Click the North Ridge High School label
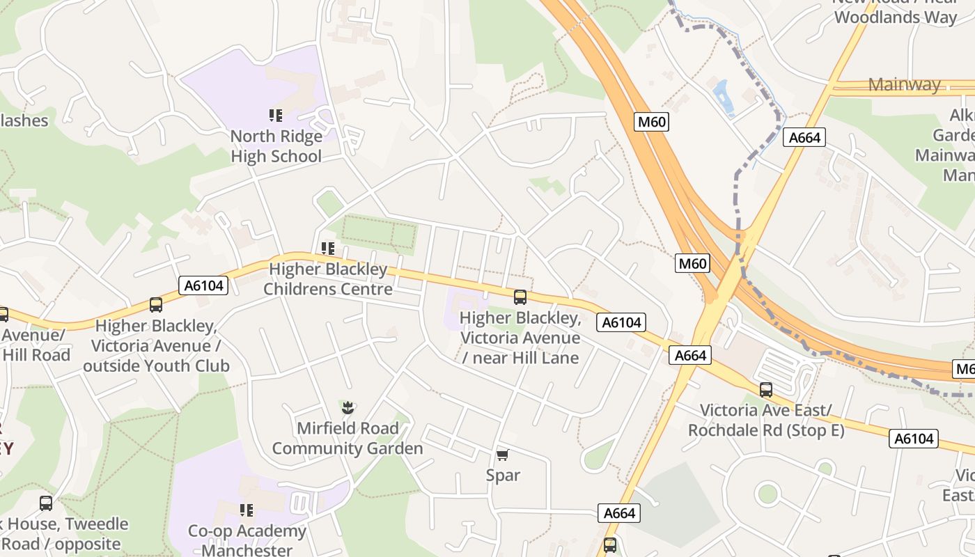click(276, 146)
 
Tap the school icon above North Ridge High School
click(276, 116)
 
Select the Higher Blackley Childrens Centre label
click(327, 278)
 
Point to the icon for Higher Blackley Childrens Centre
click(327, 249)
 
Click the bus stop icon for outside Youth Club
click(156, 305)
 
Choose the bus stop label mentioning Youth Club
click(156, 345)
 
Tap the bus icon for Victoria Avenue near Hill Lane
click(520, 297)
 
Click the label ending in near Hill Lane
click(520, 338)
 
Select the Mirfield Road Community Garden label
click(347, 438)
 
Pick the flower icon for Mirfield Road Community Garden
click(348, 407)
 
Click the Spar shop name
click(503, 475)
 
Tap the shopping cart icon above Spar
click(503, 455)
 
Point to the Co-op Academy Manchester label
click(247, 540)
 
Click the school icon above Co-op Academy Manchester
click(247, 511)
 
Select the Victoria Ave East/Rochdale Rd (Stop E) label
click(765, 420)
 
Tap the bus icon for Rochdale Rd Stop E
click(766, 390)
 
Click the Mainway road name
click(904, 85)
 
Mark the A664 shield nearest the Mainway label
click(804, 137)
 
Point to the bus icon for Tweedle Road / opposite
click(46, 503)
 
